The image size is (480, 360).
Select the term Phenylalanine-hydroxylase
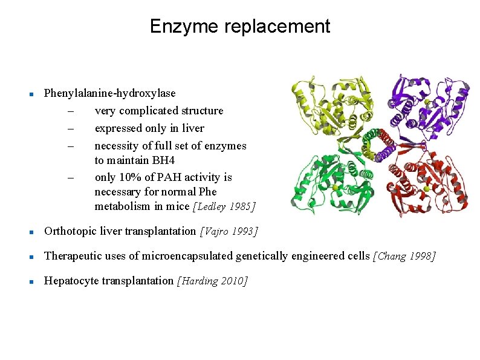110,93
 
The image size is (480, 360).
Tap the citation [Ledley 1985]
224,207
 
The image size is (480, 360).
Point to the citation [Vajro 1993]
229,231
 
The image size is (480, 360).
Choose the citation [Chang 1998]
404,256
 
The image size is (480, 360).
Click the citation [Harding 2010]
212,281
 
